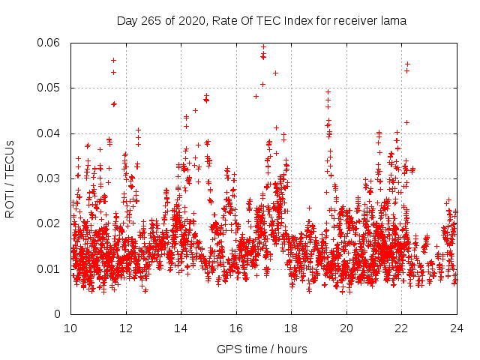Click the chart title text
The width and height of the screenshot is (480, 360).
pyautogui.click(x=261, y=21)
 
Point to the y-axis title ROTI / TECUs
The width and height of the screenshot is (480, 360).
pyautogui.click(x=10, y=178)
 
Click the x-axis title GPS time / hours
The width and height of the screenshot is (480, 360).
pyautogui.click(x=262, y=349)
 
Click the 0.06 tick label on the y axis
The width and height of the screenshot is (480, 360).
pyautogui.click(x=49, y=43)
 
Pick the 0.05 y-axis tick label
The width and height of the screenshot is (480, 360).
pyautogui.click(x=49, y=88)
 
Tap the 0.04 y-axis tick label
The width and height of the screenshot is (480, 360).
pyautogui.click(x=49, y=133)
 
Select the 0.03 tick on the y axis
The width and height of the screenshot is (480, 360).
pyautogui.click(x=49, y=178)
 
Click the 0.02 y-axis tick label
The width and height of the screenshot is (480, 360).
pyautogui.click(x=49, y=223)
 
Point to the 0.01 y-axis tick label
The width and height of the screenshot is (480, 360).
pyautogui.click(x=49, y=268)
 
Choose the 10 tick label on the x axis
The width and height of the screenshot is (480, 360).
pyautogui.click(x=70, y=328)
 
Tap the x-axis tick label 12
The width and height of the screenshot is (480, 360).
pyautogui.click(x=126, y=328)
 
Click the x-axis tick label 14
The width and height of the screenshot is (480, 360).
pyautogui.click(x=181, y=328)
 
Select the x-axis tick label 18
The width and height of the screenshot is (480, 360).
pyautogui.click(x=291, y=328)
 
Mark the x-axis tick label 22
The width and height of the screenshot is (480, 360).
pyautogui.click(x=401, y=328)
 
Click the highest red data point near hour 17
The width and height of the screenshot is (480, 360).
pyautogui.click(x=263, y=46)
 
